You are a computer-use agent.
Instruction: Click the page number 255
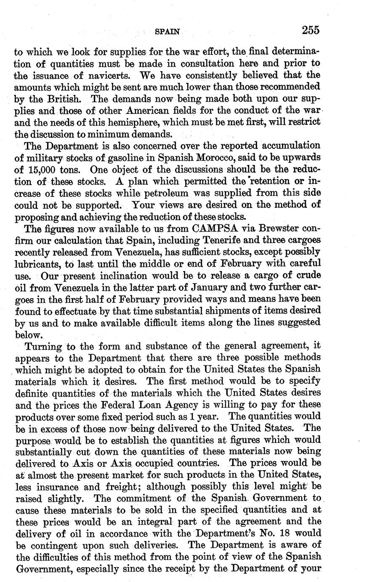tap(311, 30)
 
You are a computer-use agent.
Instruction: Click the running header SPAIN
tap(167, 31)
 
